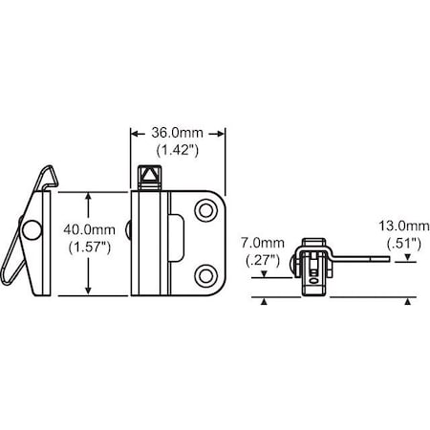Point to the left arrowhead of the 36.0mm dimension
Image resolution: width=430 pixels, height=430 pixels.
135,136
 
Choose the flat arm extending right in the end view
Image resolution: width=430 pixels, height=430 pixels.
359,255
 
